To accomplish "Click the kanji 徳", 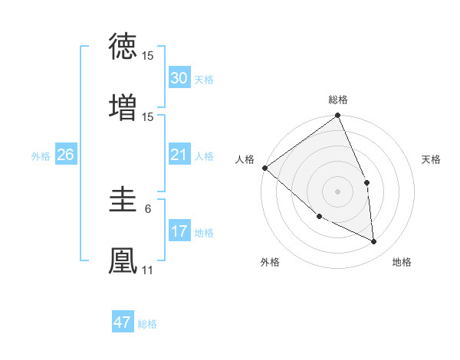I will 123,47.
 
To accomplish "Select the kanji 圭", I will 123,201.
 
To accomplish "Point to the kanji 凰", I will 123,260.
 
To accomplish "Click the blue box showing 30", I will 179,78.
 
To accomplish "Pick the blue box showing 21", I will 179,155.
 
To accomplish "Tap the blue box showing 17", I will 179,231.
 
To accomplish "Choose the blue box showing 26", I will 65,155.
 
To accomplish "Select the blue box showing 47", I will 123,322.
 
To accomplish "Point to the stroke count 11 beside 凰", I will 148,270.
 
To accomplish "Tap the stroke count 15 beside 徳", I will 148,56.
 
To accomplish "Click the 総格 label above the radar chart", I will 338,100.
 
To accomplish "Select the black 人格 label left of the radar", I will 245,159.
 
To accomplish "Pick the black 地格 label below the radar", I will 402,262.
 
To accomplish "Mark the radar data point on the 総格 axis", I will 338,116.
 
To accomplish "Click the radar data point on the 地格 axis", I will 374,241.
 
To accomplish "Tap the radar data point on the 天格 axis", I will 366,182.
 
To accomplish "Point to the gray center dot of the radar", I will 338,191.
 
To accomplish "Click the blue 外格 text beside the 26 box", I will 41,155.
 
